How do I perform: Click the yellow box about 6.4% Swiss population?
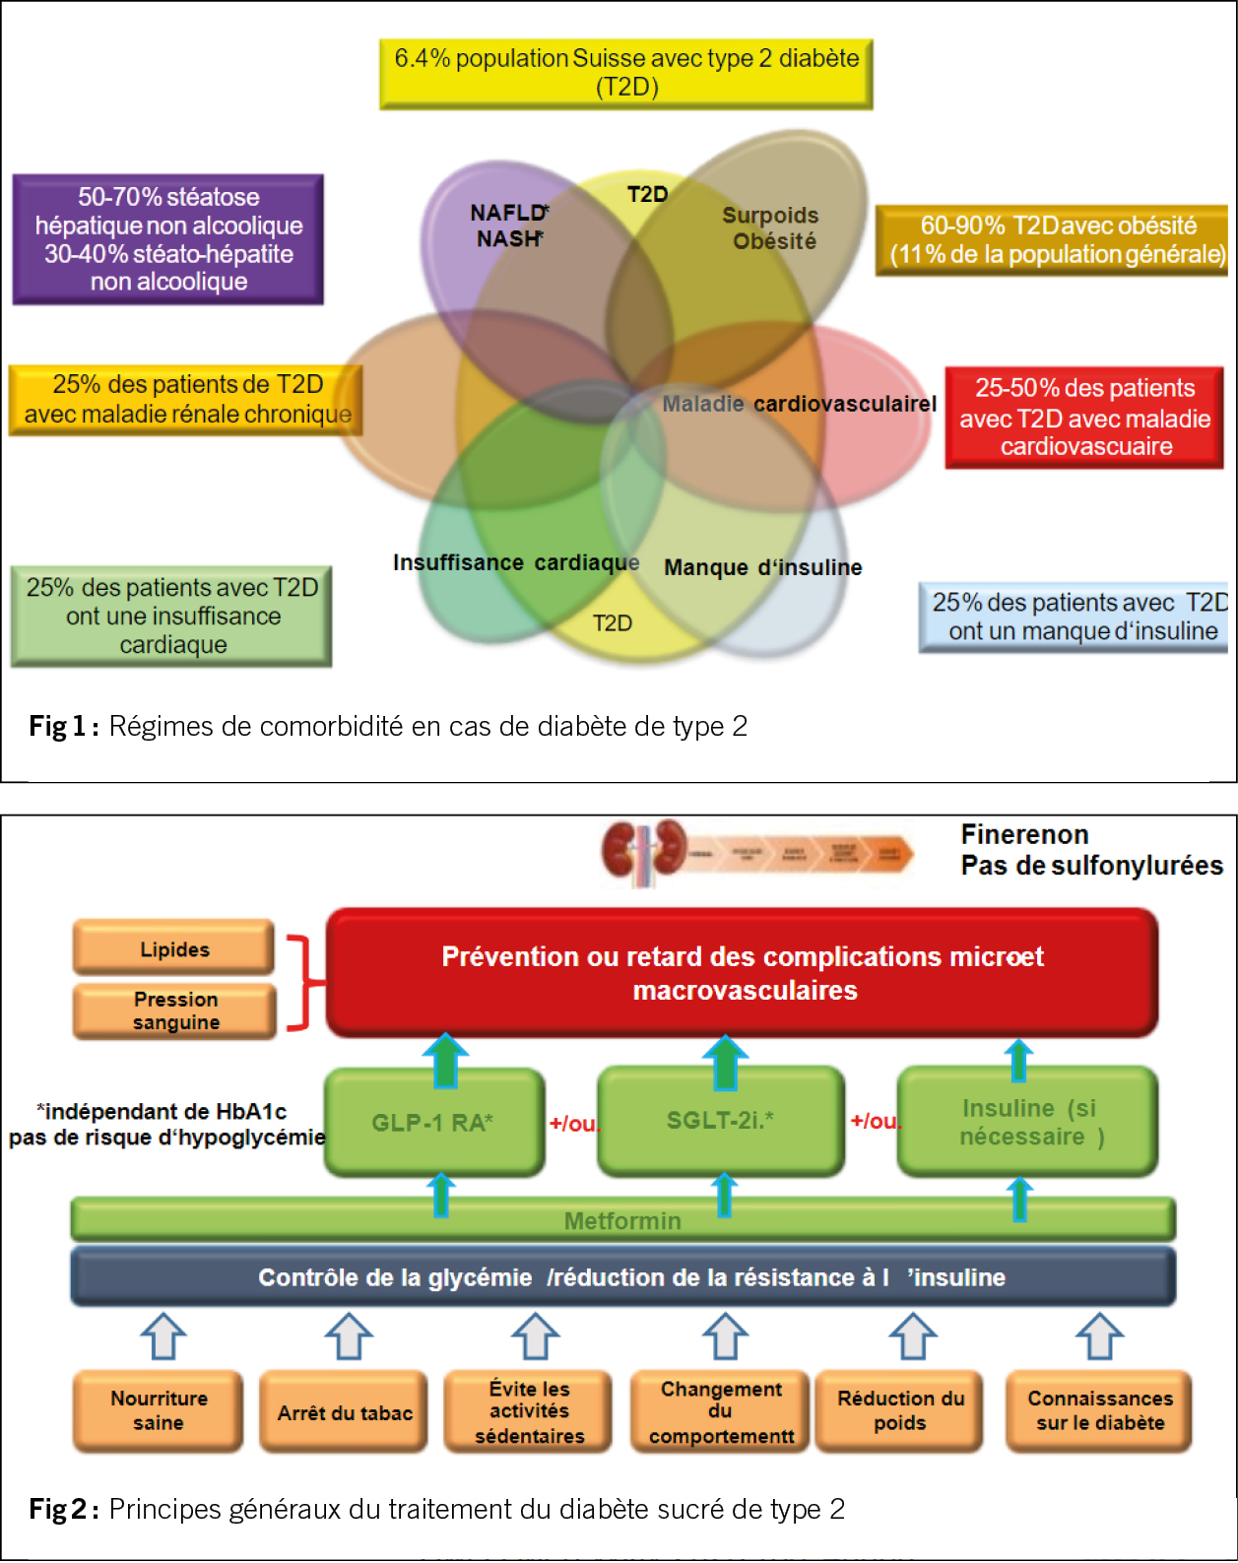pyautogui.click(x=626, y=73)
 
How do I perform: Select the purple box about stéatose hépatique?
pyautogui.click(x=168, y=239)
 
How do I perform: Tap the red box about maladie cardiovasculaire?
pyautogui.click(x=1084, y=418)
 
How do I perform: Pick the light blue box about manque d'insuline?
pyautogui.click(x=1075, y=618)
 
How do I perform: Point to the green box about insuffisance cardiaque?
pyautogui.click(x=172, y=617)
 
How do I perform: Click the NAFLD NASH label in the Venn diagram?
pyautogui.click(x=508, y=226)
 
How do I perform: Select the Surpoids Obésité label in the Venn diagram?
pyautogui.click(x=771, y=228)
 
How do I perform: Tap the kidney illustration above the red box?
pyautogui.click(x=645, y=849)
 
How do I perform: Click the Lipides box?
pyautogui.click(x=174, y=948)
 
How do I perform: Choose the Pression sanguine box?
pyautogui.click(x=175, y=1011)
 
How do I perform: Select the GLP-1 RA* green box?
pyautogui.click(x=433, y=1122)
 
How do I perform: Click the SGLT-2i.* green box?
pyautogui.click(x=720, y=1121)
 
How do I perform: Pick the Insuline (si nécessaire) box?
pyautogui.click(x=1028, y=1122)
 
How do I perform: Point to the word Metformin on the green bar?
pyautogui.click(x=622, y=1221)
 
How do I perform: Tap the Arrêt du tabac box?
pyautogui.click(x=345, y=1413)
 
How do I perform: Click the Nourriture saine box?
pyautogui.click(x=159, y=1411)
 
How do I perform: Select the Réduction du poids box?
pyautogui.click(x=900, y=1411)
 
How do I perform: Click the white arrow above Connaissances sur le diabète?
pyautogui.click(x=1099, y=1336)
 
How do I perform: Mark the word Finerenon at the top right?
pyautogui.click(x=1024, y=835)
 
